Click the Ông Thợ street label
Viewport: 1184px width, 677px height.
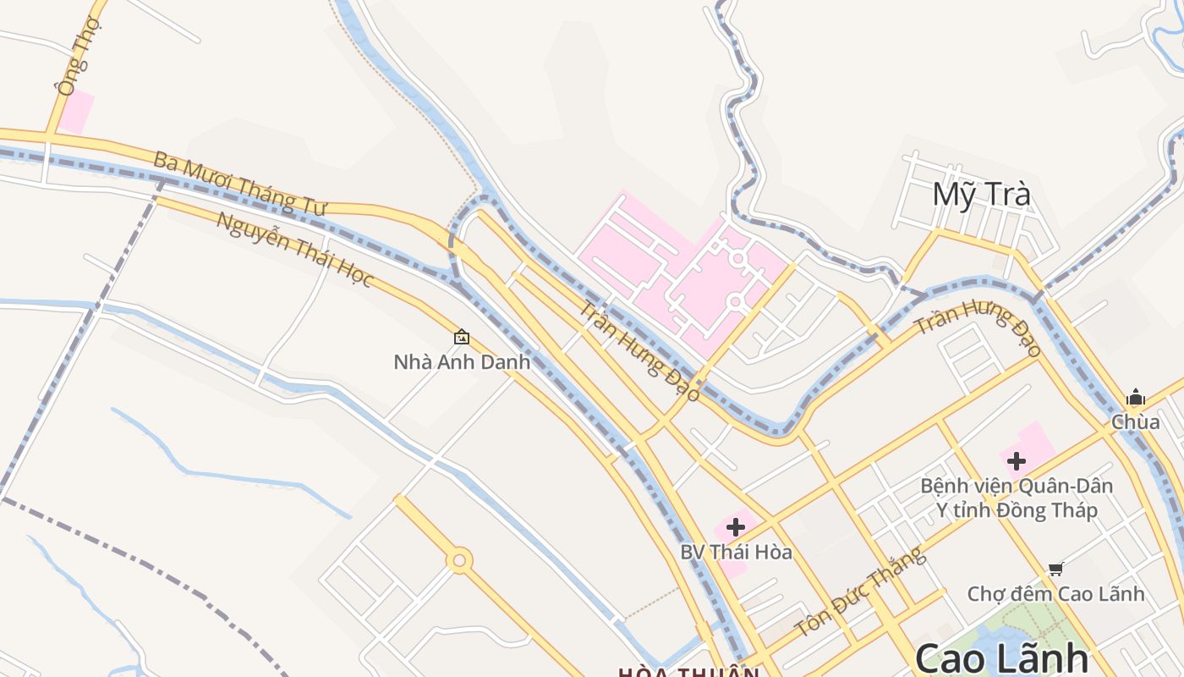pos(79,55)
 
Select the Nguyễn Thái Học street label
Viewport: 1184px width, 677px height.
pos(293,249)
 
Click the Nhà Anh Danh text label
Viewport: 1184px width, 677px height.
pos(462,362)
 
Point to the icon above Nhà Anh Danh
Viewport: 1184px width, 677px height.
pos(462,337)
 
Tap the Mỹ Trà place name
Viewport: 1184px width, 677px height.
pos(981,195)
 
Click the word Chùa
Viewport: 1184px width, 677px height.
pos(1135,421)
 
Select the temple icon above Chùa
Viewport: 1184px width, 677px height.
pos(1135,398)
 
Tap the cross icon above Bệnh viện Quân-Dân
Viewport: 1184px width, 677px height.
pos(1017,461)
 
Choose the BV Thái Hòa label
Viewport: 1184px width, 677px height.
pos(736,553)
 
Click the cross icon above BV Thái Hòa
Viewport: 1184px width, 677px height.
pos(736,527)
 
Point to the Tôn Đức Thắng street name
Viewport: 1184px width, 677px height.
pos(858,593)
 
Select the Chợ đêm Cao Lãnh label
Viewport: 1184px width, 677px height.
pos(1055,594)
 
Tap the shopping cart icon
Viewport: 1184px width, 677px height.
pos(1055,569)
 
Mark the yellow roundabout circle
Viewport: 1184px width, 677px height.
pos(459,560)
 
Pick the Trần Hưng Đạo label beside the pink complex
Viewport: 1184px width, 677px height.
pos(639,350)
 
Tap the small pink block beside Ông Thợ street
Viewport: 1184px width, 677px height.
pos(77,112)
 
